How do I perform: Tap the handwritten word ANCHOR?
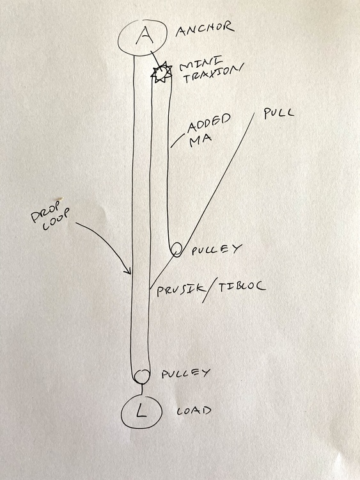[x=205, y=29]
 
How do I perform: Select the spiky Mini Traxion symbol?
[x=161, y=72]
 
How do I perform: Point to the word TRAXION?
[x=212, y=76]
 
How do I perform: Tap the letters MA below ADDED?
[x=201, y=141]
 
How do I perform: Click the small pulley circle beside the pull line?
[x=176, y=249]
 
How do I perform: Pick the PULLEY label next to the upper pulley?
[x=217, y=250]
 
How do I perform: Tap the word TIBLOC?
[x=242, y=287]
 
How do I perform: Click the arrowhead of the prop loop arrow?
[x=129, y=271]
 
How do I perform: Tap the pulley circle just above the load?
[x=141, y=376]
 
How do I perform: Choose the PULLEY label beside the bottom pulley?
[x=186, y=374]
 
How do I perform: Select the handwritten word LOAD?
[x=194, y=410]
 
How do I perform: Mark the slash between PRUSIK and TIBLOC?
[x=212, y=289]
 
